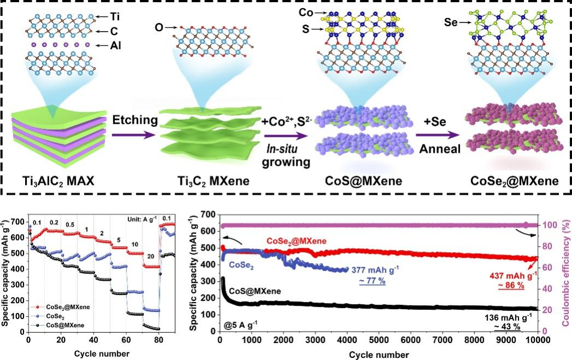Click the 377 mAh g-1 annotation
click(x=380, y=270)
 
